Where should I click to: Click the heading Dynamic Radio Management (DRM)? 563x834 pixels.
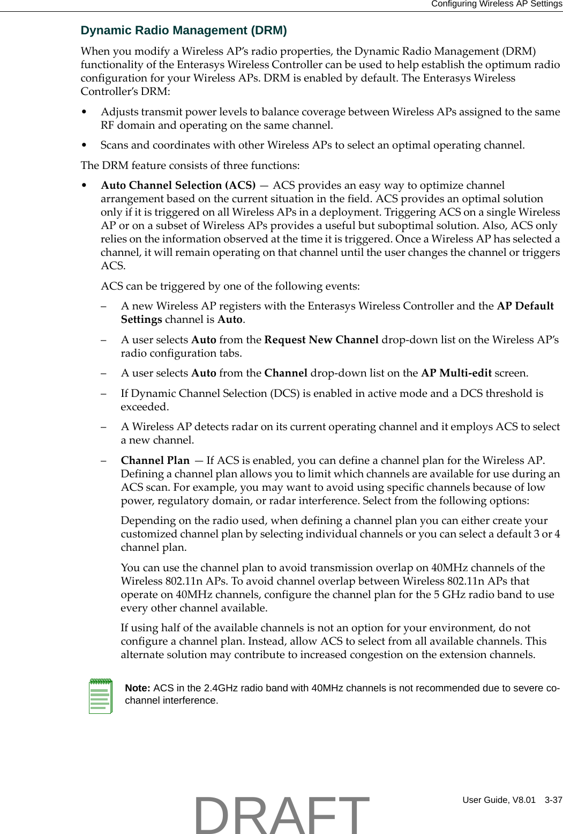[x=184, y=31]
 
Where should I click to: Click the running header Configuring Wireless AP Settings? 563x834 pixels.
[x=496, y=4]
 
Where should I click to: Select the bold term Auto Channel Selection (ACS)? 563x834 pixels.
[x=178, y=186]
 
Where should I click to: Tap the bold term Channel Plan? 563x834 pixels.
[x=155, y=461]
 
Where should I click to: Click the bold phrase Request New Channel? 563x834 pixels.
[x=321, y=340]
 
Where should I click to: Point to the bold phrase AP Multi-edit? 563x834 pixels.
[x=456, y=373]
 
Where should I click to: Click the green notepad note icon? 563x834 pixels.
[x=100, y=696]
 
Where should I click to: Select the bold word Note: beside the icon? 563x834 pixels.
[x=137, y=688]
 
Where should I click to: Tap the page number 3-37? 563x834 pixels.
[x=553, y=800]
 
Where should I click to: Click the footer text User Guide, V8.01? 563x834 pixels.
[x=499, y=800]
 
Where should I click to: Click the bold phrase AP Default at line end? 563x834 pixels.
[x=525, y=306]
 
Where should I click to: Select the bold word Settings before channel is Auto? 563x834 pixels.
[x=141, y=320]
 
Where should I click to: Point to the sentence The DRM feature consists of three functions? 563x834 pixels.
[x=190, y=166]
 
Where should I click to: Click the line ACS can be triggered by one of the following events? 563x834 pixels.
[x=230, y=286]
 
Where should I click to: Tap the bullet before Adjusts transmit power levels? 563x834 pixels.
[x=84, y=112]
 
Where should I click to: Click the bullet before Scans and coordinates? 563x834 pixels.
[x=84, y=145]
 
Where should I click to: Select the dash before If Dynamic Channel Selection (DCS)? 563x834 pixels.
[x=104, y=394]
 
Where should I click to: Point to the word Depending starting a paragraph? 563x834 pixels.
[x=148, y=521]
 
